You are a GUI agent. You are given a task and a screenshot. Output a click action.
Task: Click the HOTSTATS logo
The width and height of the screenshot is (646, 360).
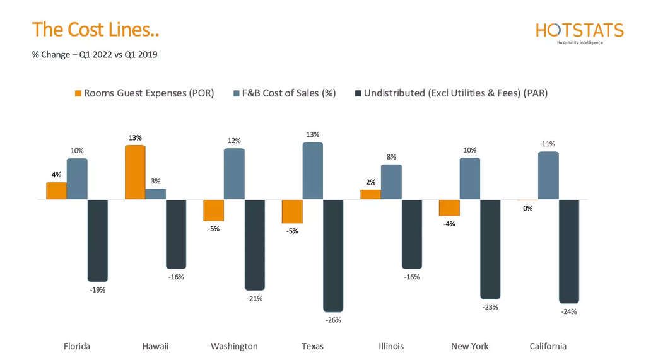click(579, 32)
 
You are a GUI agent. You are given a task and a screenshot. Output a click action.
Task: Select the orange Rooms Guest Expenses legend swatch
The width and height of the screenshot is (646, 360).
click(78, 93)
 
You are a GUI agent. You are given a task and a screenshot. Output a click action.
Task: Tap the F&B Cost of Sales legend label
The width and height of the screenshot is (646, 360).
click(290, 93)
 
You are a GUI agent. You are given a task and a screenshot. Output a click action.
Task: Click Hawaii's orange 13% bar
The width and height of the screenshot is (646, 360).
click(135, 172)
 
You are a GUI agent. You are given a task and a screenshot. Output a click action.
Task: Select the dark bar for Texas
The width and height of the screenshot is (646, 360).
click(333, 255)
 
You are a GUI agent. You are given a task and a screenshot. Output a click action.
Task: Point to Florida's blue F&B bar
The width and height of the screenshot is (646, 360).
click(77, 178)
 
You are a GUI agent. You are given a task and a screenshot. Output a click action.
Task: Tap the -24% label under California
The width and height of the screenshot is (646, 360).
click(568, 311)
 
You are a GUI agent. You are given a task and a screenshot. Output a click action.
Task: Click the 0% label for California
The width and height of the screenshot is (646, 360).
click(528, 208)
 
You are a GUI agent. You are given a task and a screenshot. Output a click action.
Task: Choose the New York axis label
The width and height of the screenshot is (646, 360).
click(470, 346)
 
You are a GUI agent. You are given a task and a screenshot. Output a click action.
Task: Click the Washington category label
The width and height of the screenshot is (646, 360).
click(234, 346)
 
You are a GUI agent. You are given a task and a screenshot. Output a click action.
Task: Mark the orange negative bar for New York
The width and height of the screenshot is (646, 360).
click(449, 208)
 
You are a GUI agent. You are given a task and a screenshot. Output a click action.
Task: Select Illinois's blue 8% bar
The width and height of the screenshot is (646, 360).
click(391, 182)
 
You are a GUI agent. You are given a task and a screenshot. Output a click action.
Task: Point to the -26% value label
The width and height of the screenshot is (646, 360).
click(333, 320)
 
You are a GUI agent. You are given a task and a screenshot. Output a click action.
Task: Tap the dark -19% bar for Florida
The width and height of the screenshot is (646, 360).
click(98, 240)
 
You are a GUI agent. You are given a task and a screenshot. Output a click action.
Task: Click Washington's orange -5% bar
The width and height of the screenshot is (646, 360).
click(213, 211)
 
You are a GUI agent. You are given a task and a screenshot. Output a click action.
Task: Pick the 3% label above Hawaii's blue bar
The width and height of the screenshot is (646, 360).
click(155, 181)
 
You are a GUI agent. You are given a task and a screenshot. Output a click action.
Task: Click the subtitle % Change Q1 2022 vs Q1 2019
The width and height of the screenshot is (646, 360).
click(95, 55)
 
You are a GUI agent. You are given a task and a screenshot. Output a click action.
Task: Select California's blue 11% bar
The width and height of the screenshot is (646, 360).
click(548, 175)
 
